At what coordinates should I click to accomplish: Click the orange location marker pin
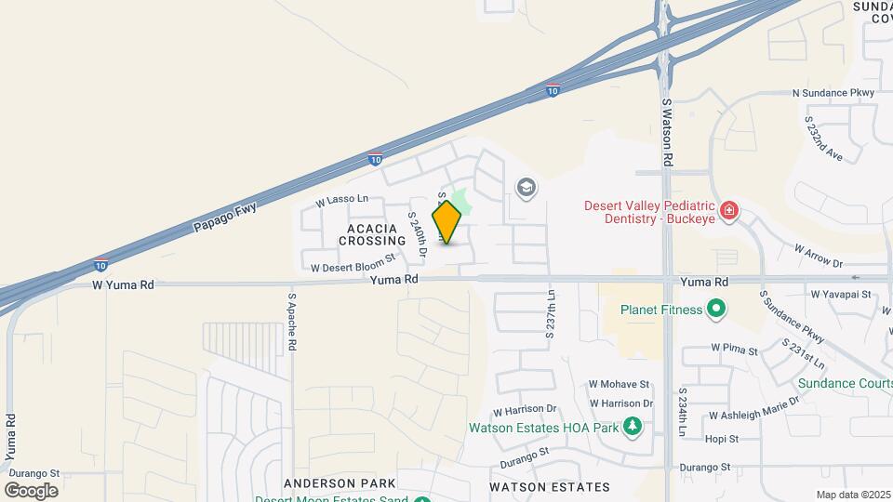447,221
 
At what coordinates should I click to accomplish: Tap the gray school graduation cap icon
526,189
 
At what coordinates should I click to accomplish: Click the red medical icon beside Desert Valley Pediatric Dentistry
729,210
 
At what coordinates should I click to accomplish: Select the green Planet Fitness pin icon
715,309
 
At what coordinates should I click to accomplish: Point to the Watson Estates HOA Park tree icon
633,428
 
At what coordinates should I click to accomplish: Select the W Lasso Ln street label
342,200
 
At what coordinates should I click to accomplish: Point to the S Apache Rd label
292,322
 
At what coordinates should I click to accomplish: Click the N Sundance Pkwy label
833,93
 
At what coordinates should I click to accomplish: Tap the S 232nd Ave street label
823,139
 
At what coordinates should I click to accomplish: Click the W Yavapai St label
839,294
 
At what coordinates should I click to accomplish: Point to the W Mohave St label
619,384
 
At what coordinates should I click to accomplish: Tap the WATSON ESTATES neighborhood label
551,487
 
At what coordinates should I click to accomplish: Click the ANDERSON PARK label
340,483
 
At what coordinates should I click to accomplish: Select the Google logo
31,490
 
